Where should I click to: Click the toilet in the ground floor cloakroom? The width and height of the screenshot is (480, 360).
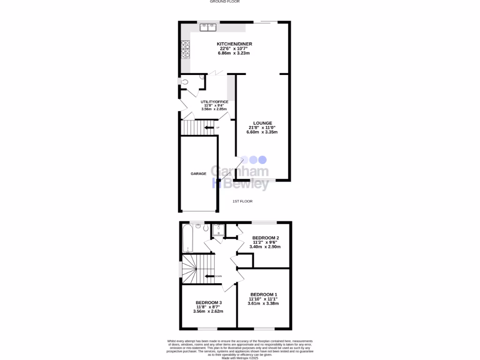tap(184, 82)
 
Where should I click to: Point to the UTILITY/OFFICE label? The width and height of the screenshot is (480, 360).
tap(214, 102)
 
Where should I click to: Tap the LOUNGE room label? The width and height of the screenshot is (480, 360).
tap(262, 123)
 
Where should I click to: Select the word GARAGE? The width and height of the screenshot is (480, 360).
tap(198, 173)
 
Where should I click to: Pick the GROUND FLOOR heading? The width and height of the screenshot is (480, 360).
tap(225, 2)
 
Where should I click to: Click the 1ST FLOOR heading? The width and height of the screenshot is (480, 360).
tap(243, 201)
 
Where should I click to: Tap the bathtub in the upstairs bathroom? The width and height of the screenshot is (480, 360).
tap(186, 238)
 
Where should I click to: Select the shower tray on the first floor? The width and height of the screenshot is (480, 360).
tap(218, 229)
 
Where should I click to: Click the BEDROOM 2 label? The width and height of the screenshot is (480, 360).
tap(265, 238)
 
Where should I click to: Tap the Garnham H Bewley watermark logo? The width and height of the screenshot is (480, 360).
tap(240, 176)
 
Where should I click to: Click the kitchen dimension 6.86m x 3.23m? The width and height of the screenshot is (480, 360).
tap(234, 53)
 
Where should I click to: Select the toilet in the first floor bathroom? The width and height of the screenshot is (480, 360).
tap(199, 227)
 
